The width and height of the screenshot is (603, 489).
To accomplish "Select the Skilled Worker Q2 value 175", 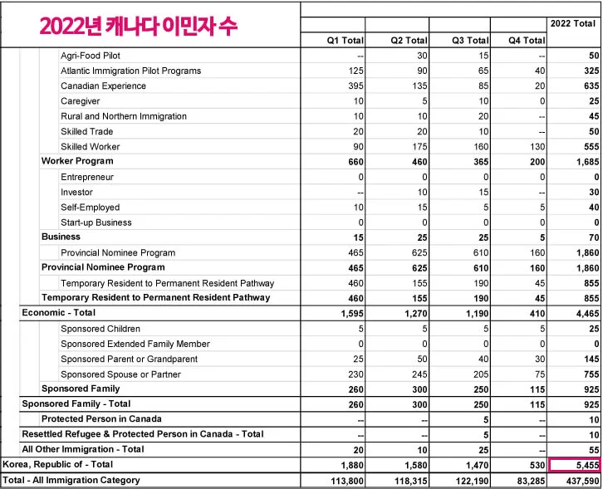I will (x=419, y=146).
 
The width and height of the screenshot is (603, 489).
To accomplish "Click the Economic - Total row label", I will (x=59, y=313).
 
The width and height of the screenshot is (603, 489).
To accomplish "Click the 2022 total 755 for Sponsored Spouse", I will (x=591, y=374).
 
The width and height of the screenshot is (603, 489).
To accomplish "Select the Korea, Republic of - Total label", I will (x=57, y=466).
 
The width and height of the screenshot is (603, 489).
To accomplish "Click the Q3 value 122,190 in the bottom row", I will (x=469, y=481).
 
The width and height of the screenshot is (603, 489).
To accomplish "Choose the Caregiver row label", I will (x=81, y=101).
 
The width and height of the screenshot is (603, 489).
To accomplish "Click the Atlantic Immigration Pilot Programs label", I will (x=131, y=71).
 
